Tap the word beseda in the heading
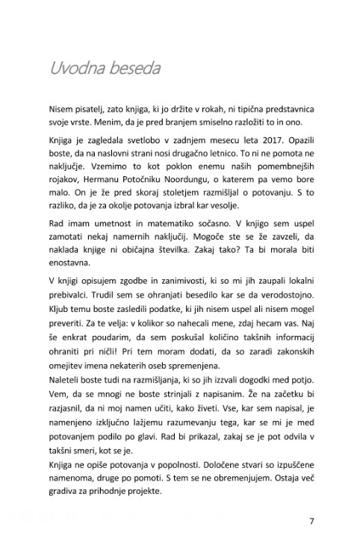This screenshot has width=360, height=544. click(134, 68)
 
